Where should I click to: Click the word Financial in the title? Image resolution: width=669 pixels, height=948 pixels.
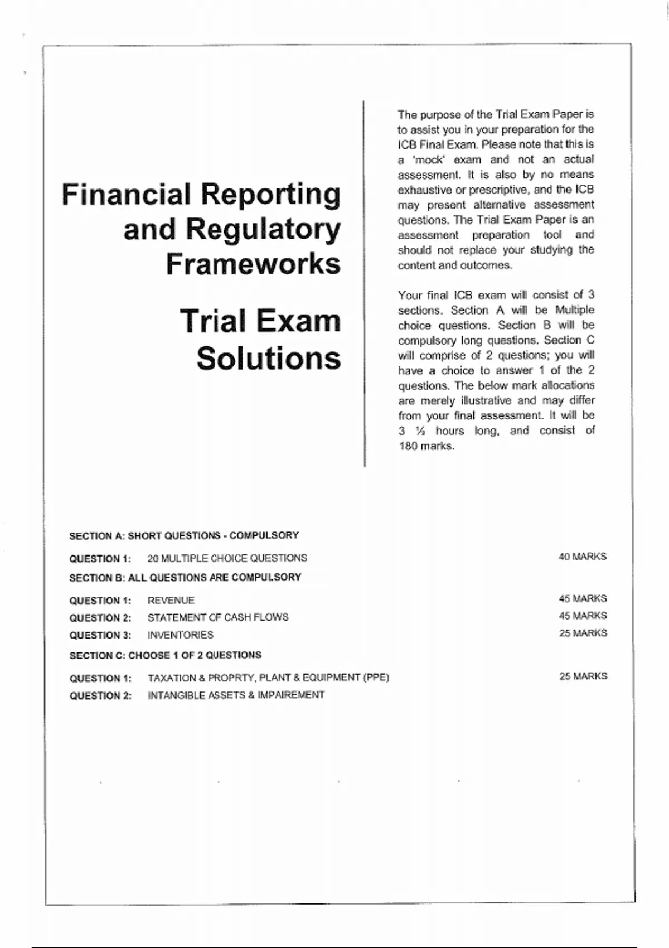[x=126, y=194]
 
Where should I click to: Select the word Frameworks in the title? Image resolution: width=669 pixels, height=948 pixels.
[x=253, y=264]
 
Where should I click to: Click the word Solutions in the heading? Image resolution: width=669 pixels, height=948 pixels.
[x=268, y=358]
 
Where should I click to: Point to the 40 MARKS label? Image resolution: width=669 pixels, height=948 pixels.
[x=583, y=557]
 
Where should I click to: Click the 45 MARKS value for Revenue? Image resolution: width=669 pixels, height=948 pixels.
[x=583, y=598]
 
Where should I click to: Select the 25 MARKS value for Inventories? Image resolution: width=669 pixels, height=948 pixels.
[x=583, y=633]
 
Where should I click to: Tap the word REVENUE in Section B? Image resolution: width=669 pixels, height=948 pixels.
[x=171, y=601]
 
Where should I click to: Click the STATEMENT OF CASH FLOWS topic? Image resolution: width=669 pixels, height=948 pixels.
[x=218, y=617]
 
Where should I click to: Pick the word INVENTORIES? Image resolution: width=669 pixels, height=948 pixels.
[x=181, y=635]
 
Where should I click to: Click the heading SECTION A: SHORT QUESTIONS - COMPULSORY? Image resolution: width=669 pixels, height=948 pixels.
[x=184, y=536]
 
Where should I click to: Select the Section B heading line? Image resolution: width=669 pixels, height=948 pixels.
[x=185, y=578]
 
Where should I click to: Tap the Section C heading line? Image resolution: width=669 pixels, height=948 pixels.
[x=165, y=655]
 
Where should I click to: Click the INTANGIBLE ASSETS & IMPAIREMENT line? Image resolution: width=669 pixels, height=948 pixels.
[x=236, y=695]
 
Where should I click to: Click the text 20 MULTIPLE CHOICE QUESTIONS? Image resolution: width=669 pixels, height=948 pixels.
[x=227, y=558]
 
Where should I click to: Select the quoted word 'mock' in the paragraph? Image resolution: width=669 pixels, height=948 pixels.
[x=429, y=159]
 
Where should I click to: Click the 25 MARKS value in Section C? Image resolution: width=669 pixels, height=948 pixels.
[x=583, y=676]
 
